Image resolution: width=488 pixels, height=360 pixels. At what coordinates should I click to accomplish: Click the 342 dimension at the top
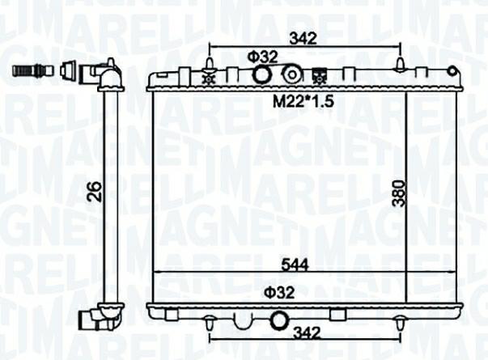tap(302, 37)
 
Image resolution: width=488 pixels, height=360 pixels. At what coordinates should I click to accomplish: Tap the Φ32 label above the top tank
tap(262, 57)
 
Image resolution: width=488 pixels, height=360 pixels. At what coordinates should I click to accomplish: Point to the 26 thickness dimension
tap(94, 192)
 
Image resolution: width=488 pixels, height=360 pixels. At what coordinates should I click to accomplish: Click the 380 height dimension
tap(397, 192)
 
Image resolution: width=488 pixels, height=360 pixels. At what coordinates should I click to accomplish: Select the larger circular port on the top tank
tap(262, 75)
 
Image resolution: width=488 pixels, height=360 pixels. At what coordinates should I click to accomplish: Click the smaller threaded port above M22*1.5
tap(291, 75)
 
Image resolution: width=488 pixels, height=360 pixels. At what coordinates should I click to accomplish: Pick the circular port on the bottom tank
tap(278, 321)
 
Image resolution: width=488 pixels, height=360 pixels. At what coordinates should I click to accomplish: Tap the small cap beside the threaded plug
tap(69, 70)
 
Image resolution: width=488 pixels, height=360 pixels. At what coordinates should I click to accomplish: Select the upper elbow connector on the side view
tap(106, 74)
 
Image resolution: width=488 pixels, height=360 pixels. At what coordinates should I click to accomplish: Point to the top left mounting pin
tap(210, 63)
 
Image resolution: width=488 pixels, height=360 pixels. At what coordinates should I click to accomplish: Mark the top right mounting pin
tap(400, 63)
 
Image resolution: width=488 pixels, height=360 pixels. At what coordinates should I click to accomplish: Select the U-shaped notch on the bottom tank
tap(243, 320)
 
